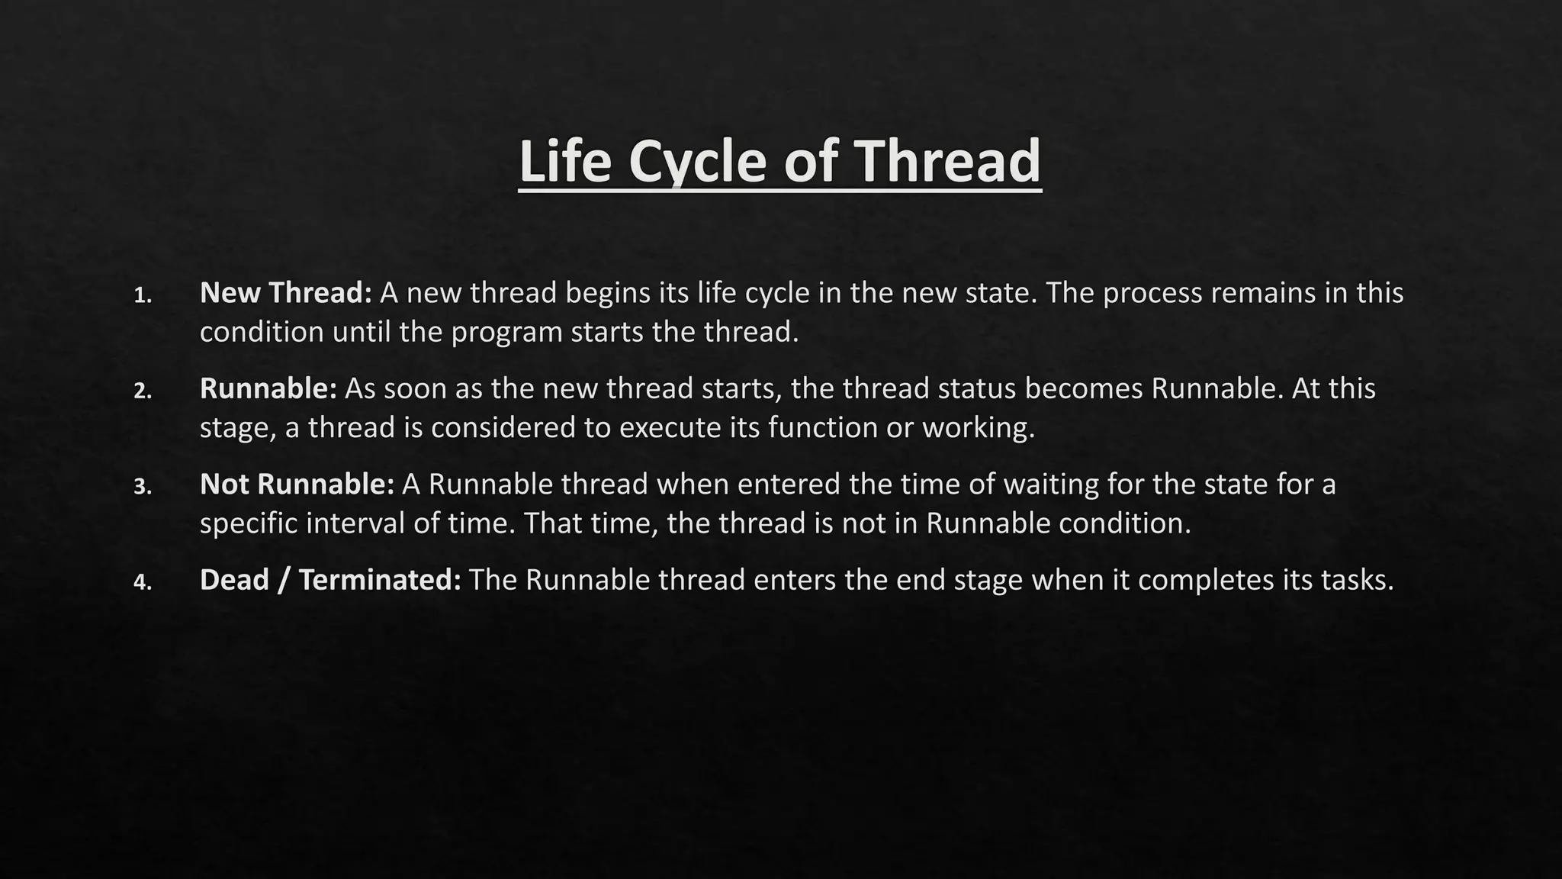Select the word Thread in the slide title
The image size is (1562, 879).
[947, 162]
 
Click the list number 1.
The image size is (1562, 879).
[142, 295]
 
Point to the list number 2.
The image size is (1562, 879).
[142, 391]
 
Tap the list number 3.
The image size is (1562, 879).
[142, 487]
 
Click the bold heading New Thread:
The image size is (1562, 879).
[285, 293]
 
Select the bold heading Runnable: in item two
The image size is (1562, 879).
[268, 389]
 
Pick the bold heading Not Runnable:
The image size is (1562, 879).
[297, 485]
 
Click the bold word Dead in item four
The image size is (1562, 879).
[234, 581]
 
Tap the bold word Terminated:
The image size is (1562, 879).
[380, 581]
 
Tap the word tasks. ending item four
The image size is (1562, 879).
[1357, 581]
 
